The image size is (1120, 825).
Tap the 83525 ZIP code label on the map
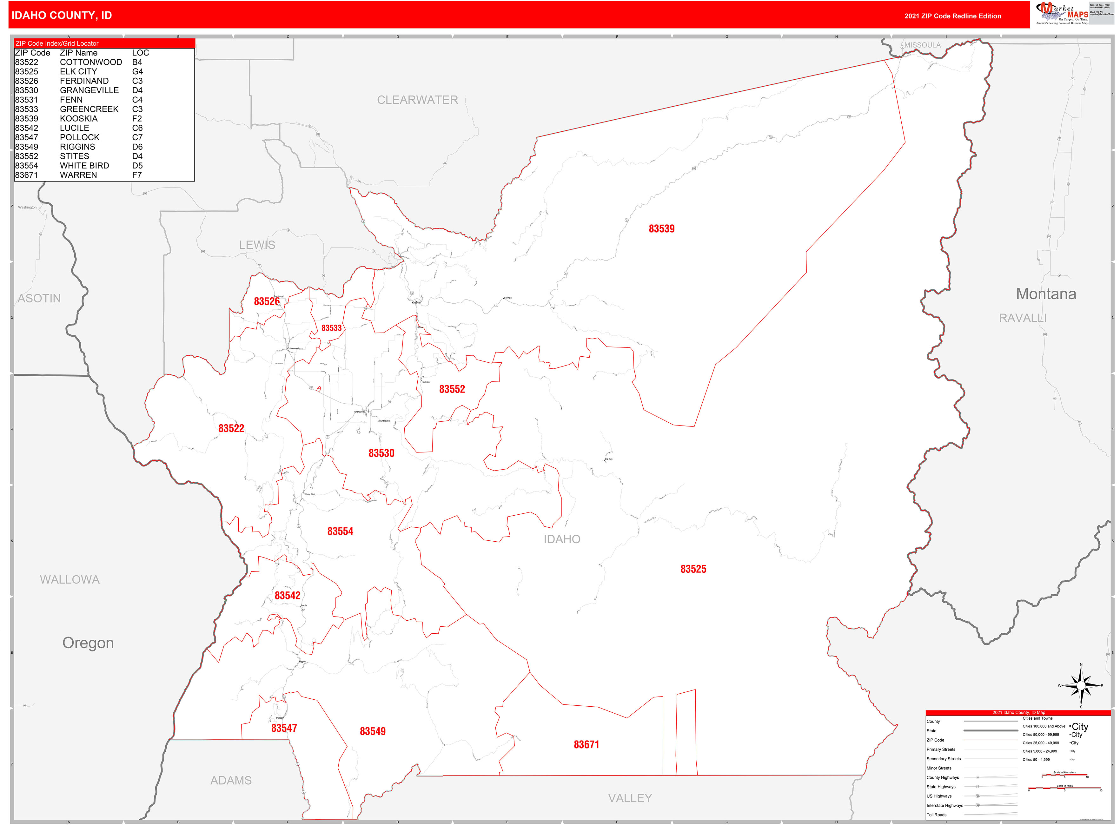[693, 569]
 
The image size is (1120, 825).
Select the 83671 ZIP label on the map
[586, 745]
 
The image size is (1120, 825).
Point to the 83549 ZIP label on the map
[372, 731]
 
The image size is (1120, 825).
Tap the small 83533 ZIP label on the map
[331, 328]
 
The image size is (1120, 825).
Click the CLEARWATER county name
[417, 100]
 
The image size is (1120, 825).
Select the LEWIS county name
[257, 245]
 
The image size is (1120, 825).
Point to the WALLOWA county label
[70, 579]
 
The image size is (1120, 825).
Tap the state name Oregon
[88, 643]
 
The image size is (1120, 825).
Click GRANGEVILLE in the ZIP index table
[89, 90]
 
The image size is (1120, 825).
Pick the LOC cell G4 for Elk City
[137, 71]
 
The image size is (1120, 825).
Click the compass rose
[1081, 686]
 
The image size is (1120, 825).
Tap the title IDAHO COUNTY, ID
[62, 16]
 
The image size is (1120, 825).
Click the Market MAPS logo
[1063, 13]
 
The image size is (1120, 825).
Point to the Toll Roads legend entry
[936, 815]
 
